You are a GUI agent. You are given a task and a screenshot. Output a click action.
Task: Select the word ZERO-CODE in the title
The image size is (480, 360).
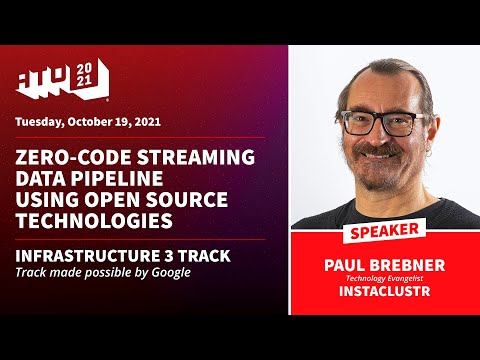[x=64, y=157]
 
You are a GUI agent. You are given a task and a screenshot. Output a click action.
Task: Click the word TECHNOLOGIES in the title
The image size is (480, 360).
[x=92, y=218]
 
